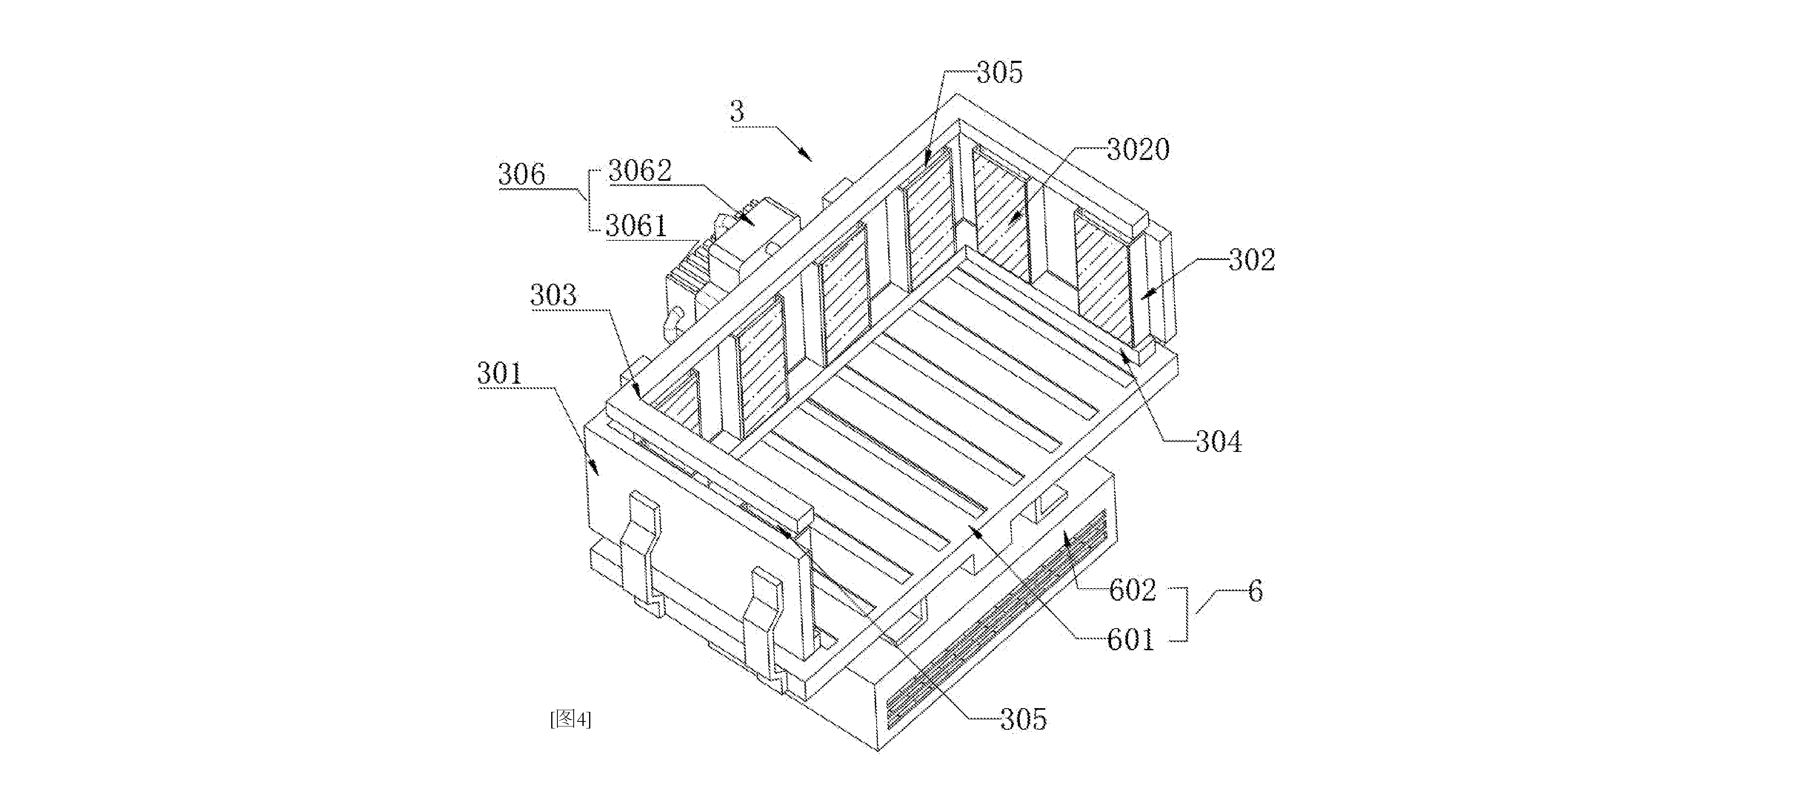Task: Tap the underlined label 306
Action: coord(522,174)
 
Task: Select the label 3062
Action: coord(640,171)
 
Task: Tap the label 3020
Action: coord(1138,150)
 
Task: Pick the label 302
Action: coord(1252,260)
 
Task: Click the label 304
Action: coord(1219,442)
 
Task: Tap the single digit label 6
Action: coord(1256,591)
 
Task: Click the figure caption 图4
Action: coord(570,719)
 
